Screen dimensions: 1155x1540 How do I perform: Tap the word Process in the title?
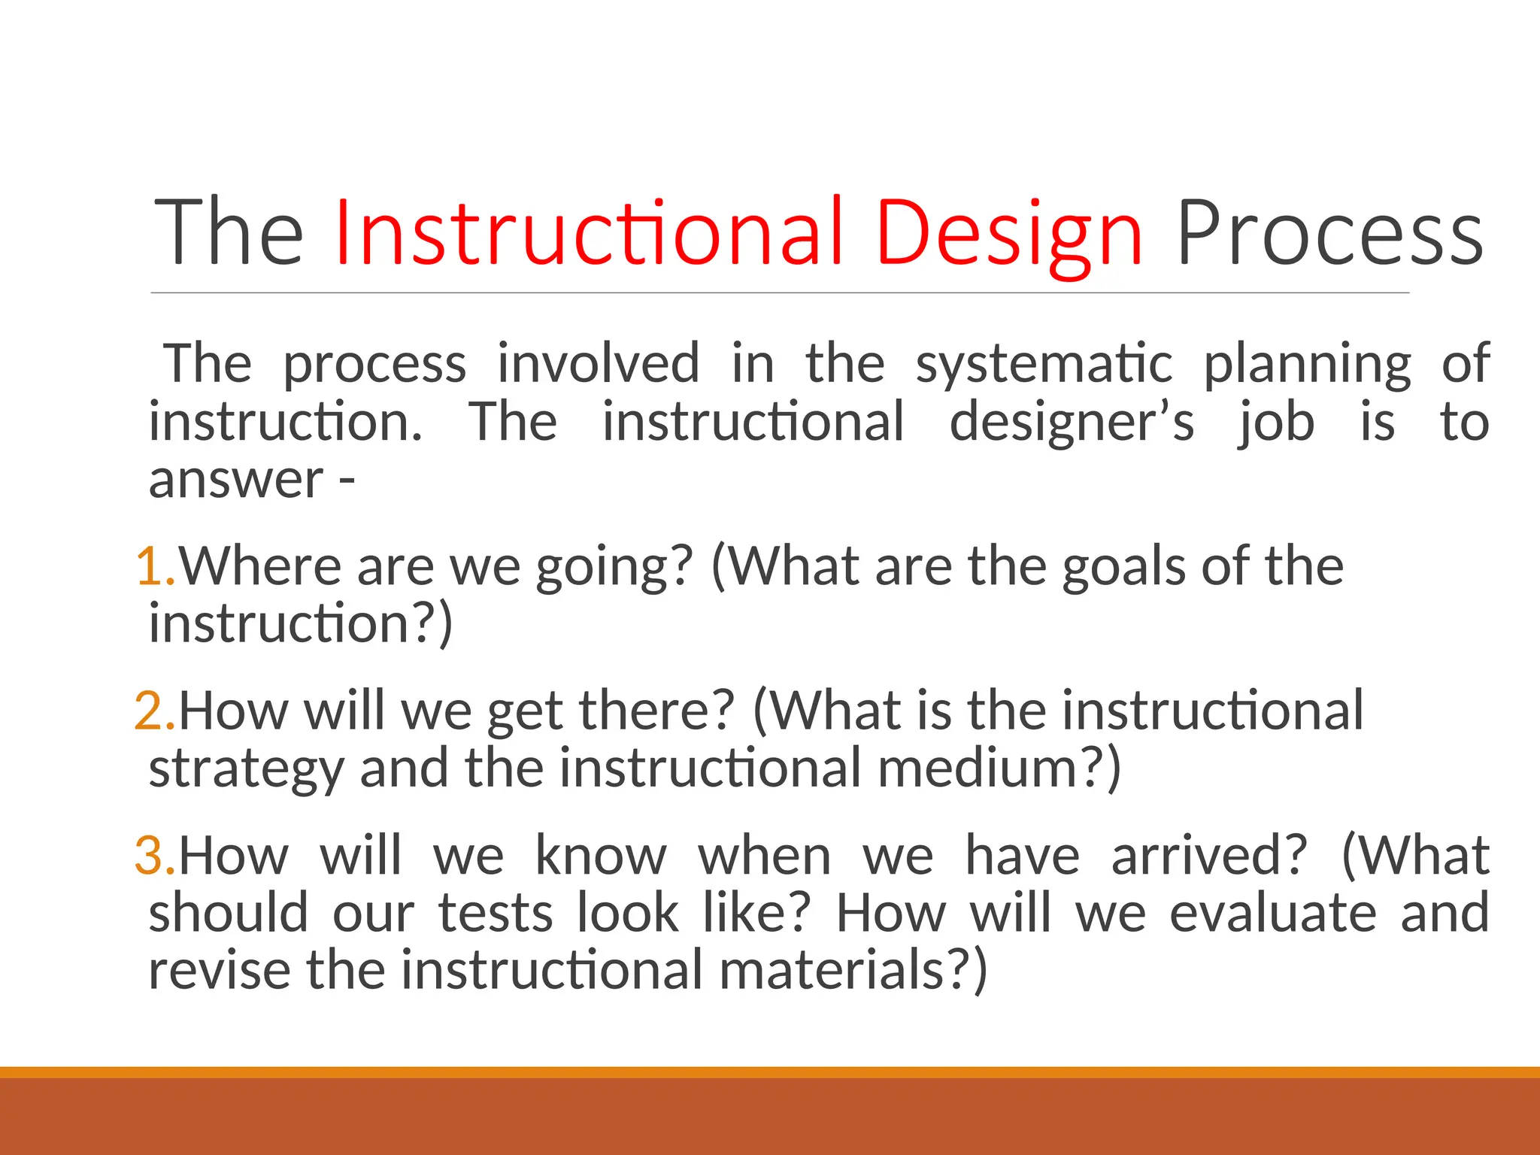pyautogui.click(x=1329, y=233)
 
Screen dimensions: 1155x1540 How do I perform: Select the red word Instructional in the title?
pyautogui.click(x=589, y=233)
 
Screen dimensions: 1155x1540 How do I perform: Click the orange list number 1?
pyautogui.click(x=154, y=565)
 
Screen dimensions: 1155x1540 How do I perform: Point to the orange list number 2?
pyautogui.click(x=154, y=710)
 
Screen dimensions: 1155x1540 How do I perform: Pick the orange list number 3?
pyautogui.click(x=154, y=855)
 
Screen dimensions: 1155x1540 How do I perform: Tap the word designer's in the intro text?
pyautogui.click(x=1071, y=422)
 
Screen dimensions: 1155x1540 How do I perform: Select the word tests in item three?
pyautogui.click(x=496, y=913)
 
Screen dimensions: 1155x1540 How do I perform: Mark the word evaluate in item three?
pyautogui.click(x=1273, y=913)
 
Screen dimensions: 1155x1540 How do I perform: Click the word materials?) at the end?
pyautogui.click(x=853, y=970)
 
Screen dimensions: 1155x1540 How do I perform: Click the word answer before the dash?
pyautogui.click(x=235, y=480)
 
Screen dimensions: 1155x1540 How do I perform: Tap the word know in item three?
pyautogui.click(x=600, y=856)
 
